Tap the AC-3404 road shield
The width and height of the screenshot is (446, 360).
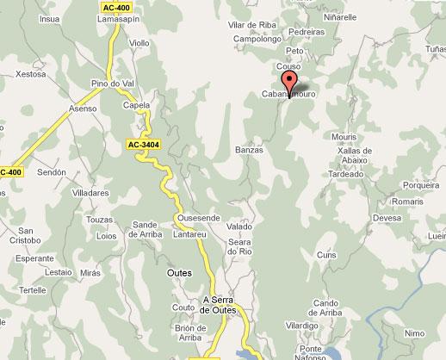click(x=144, y=144)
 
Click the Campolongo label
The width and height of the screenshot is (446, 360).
click(x=257, y=39)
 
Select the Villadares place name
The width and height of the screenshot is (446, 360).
click(x=90, y=193)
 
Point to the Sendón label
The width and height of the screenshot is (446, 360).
click(x=52, y=172)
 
